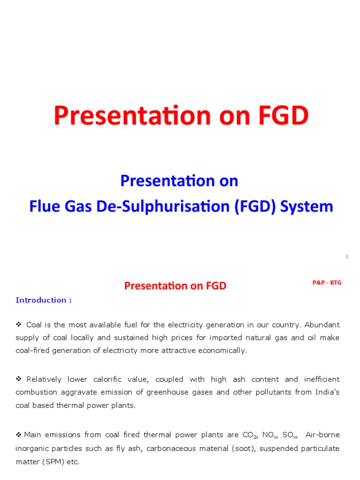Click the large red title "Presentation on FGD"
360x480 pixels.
point(181,116)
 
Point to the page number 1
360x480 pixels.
point(347,256)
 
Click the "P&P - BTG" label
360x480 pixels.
point(327,283)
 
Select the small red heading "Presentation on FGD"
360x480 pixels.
point(175,286)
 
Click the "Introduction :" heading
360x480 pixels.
point(44,300)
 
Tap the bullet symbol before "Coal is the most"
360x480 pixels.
point(19,324)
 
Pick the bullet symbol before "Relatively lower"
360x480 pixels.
point(19,379)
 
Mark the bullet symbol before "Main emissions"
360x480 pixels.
point(19,435)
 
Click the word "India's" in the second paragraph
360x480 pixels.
point(327,392)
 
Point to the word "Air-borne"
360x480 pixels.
point(322,435)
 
